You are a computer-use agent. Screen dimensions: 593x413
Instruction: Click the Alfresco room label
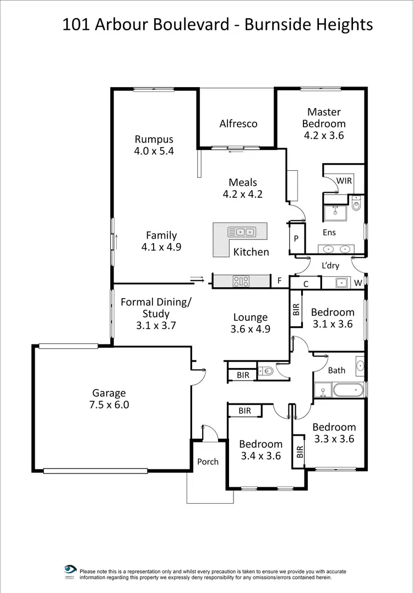click(238, 123)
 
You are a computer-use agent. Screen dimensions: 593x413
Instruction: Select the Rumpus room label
click(154, 139)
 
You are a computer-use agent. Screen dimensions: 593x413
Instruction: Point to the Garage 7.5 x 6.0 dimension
click(109, 405)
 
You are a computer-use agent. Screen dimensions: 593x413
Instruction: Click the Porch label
click(208, 462)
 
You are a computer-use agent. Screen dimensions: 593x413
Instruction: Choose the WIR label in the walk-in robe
click(344, 181)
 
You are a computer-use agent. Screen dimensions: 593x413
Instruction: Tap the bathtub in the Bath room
click(347, 391)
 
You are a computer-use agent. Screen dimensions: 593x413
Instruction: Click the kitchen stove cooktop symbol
click(241, 281)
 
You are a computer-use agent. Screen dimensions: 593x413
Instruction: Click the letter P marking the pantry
click(296, 239)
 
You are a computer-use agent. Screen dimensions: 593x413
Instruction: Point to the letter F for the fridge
click(279, 281)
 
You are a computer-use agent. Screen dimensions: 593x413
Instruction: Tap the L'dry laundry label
click(330, 266)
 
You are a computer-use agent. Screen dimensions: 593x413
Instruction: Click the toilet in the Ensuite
click(356, 204)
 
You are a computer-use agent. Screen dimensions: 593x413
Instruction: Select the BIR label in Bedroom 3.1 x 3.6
click(296, 309)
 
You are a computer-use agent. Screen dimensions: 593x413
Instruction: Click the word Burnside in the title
click(285, 25)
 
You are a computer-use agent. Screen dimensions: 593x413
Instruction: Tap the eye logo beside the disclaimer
click(70, 569)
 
